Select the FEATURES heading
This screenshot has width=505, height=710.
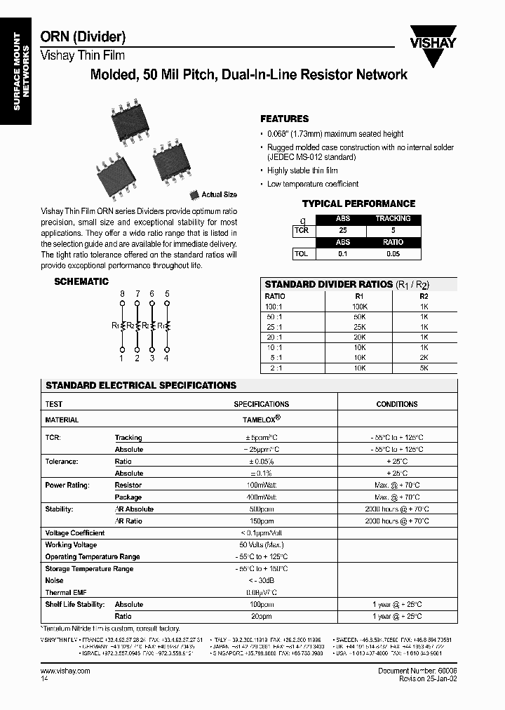[284, 119]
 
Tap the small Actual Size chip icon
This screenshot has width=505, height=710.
[194, 195]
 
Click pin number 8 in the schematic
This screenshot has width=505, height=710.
[122, 293]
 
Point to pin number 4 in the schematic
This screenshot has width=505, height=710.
[166, 359]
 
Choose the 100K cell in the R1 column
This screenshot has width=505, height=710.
[359, 307]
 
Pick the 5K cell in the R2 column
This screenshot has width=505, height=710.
[424, 367]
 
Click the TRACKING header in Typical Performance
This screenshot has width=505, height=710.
[393, 219]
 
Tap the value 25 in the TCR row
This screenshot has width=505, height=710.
[342, 230]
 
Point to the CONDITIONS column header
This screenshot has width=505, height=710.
[397, 404]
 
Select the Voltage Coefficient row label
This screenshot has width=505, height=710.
[75, 533]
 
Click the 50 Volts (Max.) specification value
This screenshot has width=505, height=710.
[261, 545]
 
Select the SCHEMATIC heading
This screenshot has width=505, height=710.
[81, 282]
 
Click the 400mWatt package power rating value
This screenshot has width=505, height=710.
[261, 497]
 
